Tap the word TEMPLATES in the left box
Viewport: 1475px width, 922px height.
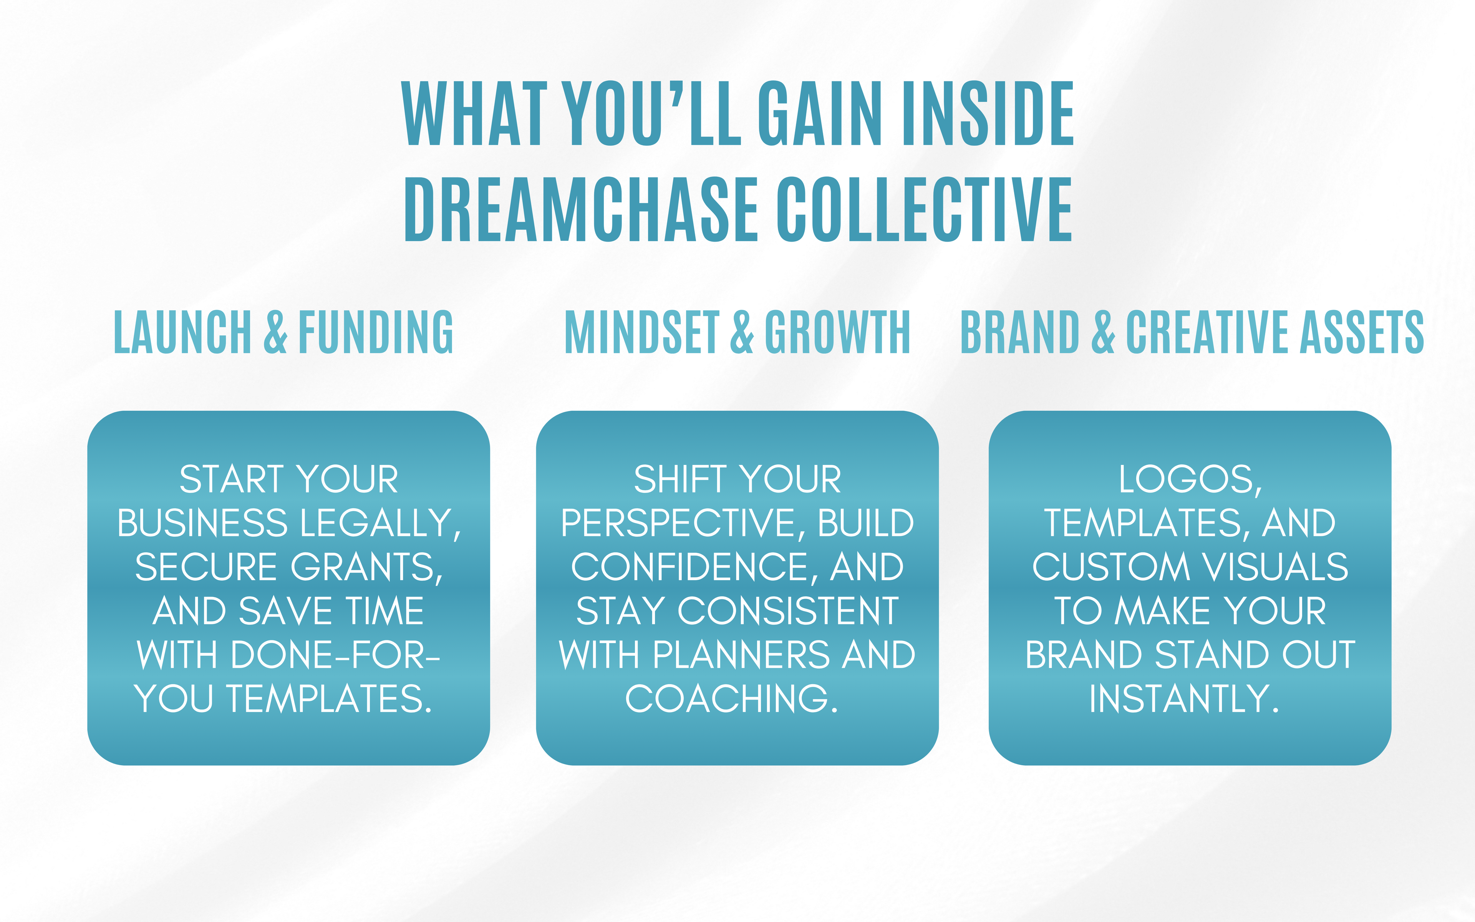coord(329,699)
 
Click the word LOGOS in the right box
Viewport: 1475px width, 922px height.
coord(1190,480)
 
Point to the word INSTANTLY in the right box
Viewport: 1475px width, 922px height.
coord(1184,699)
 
